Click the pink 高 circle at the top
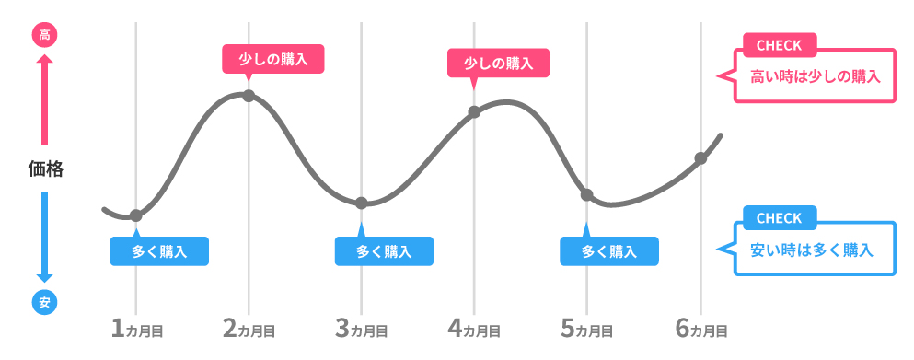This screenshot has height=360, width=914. (x=44, y=36)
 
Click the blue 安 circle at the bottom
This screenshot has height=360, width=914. (x=44, y=301)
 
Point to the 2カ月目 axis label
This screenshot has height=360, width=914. (x=249, y=328)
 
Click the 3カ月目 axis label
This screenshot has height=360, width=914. (x=362, y=328)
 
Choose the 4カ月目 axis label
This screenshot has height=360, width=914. (x=474, y=328)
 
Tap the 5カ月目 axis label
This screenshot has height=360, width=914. (x=587, y=328)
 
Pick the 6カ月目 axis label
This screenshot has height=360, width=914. (x=700, y=328)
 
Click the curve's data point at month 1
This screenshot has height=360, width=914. (x=136, y=215)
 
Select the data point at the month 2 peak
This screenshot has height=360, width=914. (x=249, y=96)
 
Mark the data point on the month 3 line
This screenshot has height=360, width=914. (x=362, y=203)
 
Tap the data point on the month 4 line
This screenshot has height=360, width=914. (x=474, y=112)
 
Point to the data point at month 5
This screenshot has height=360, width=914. (x=587, y=195)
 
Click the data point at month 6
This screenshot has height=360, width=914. (x=700, y=158)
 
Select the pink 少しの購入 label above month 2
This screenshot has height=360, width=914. (x=273, y=60)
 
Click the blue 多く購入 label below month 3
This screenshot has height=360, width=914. (x=384, y=250)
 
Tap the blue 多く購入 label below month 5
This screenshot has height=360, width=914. (x=609, y=250)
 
